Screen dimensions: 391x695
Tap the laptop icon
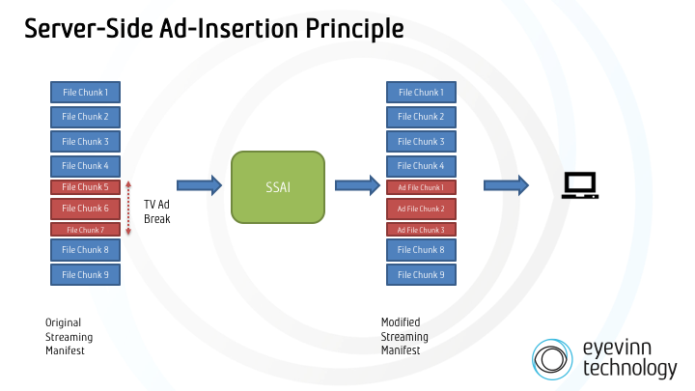click(x=580, y=184)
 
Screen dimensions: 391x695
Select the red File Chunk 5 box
click(x=85, y=186)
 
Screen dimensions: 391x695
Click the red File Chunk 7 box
click(x=85, y=230)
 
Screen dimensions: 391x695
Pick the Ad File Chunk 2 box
click(x=422, y=209)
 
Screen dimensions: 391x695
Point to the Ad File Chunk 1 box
click(x=422, y=186)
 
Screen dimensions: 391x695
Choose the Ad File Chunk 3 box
click(x=422, y=230)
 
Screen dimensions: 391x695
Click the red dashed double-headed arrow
click(x=129, y=209)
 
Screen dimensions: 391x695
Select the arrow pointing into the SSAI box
click(x=200, y=184)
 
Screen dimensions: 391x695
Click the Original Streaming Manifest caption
click(x=69, y=336)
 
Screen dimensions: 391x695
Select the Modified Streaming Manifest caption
click(x=405, y=336)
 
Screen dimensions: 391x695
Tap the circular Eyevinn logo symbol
click(x=554, y=358)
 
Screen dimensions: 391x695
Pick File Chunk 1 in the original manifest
click(x=85, y=93)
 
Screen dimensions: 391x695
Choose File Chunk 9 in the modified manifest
click(x=422, y=274)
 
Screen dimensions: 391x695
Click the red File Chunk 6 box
click(x=85, y=209)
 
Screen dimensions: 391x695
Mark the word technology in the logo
click(x=630, y=368)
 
